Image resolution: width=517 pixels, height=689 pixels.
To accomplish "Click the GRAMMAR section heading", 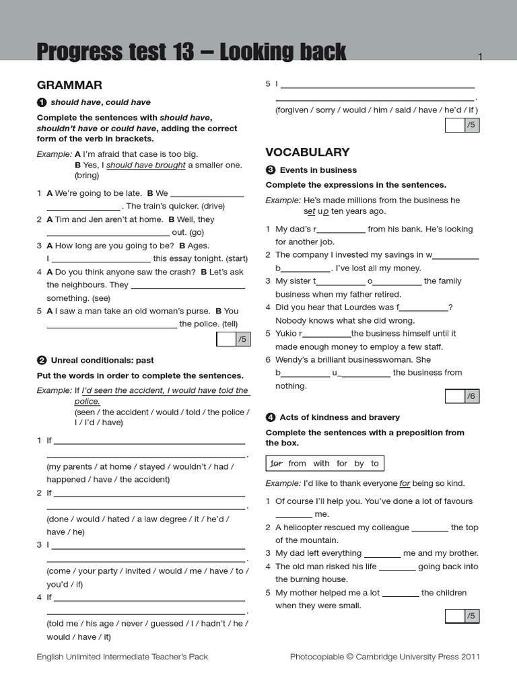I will click(x=69, y=85).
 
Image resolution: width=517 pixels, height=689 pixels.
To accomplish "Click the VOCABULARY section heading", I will click(x=308, y=152).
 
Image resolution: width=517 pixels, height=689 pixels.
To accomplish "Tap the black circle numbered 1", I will click(x=42, y=102).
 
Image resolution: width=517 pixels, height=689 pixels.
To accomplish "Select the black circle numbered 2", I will click(x=42, y=360).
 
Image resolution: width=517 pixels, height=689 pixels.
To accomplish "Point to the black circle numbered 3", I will click(x=271, y=170).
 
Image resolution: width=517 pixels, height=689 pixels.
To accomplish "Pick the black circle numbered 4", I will click(x=271, y=417).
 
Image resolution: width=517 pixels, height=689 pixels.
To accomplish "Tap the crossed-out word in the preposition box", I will click(x=276, y=464).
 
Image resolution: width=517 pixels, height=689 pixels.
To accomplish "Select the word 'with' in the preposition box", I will click(x=321, y=464).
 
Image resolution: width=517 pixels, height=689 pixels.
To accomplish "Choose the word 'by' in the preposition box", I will click(x=359, y=464).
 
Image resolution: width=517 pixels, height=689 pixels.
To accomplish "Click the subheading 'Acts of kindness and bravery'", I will click(x=339, y=417).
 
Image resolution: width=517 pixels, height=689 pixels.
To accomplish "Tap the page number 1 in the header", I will click(x=481, y=57).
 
